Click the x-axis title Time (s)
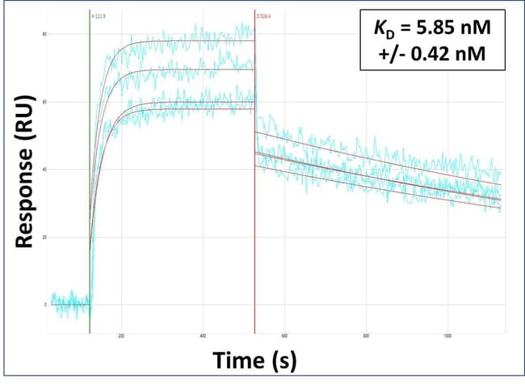(254, 361)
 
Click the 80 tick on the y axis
(44, 34)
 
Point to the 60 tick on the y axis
(44, 102)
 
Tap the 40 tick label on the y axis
(44, 169)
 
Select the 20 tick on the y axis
(44, 237)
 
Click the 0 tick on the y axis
(44, 305)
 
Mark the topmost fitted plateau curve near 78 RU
(202, 41)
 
